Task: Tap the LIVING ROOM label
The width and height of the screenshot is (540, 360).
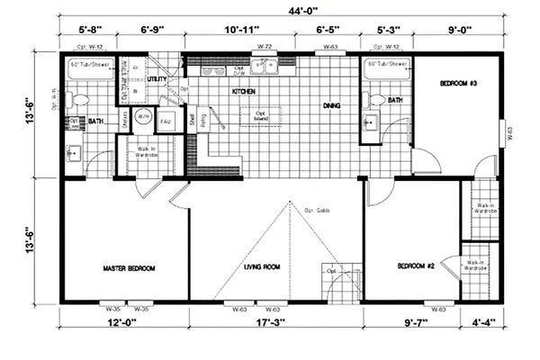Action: pyautogui.click(x=264, y=266)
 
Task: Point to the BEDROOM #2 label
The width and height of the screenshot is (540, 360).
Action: pyautogui.click(x=417, y=266)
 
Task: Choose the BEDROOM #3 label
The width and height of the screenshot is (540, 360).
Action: pyautogui.click(x=457, y=83)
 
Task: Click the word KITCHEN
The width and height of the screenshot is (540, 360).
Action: pyautogui.click(x=246, y=91)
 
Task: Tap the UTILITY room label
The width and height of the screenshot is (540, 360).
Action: pyautogui.click(x=158, y=79)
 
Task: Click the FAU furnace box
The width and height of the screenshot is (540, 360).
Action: pyautogui.click(x=166, y=120)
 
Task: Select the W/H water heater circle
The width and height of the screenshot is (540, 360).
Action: pyautogui.click(x=143, y=118)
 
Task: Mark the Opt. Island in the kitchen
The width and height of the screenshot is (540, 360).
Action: pyautogui.click(x=261, y=116)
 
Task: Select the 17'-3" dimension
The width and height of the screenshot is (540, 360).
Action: pyautogui.click(x=276, y=321)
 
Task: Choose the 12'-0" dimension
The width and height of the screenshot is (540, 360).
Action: pyautogui.click(x=125, y=321)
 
